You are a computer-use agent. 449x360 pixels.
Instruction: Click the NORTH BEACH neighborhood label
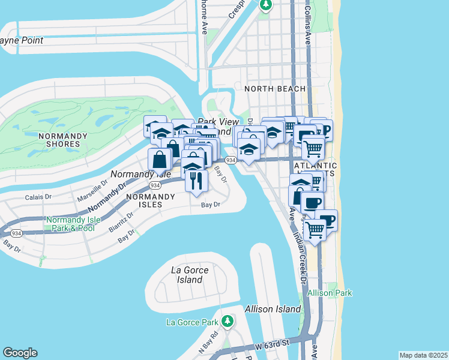pos(271,89)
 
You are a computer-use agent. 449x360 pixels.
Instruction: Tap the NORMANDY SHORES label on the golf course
pos(59,140)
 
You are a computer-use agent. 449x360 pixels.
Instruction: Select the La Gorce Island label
pos(190,275)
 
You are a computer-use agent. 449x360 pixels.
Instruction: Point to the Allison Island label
pos(273,309)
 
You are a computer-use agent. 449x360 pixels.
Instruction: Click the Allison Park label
pos(330,293)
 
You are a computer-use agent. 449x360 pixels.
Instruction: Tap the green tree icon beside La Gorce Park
pos(227,322)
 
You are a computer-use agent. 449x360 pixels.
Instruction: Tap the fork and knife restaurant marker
pos(196,179)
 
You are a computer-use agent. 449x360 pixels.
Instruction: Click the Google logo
pos(20,353)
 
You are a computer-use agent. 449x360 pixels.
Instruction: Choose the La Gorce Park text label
pos(192,322)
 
